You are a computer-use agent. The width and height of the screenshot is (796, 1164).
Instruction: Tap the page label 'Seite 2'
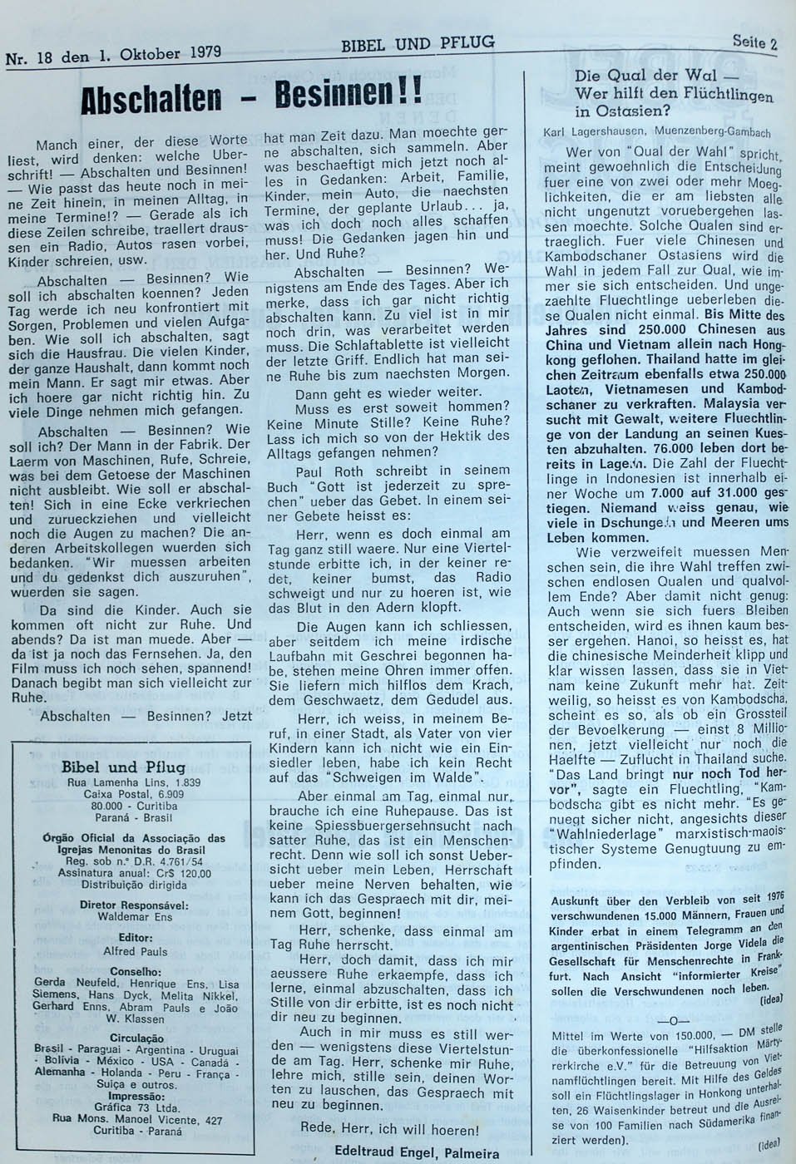click(754, 42)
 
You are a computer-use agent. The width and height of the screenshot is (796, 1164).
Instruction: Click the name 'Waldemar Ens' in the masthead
click(136, 915)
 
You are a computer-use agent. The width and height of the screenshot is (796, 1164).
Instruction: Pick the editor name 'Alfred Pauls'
click(136, 950)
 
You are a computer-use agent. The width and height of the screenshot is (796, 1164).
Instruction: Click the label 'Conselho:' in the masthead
click(136, 970)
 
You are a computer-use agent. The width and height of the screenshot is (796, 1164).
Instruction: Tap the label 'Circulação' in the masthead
click(136, 1038)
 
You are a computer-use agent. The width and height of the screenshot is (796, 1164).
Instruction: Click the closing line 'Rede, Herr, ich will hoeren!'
click(395, 1130)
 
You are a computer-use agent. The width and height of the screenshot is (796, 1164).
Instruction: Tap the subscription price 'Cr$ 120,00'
click(182, 873)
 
